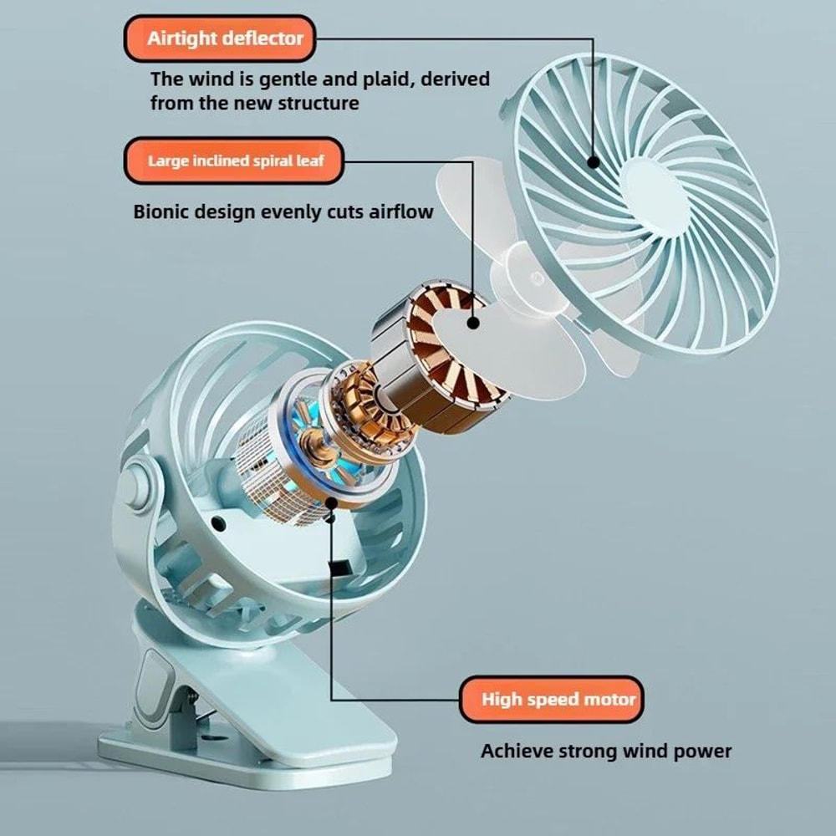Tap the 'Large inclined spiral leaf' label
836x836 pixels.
tap(234, 161)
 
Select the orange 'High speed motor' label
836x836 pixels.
tap(552, 699)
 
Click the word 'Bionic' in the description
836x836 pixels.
tap(161, 211)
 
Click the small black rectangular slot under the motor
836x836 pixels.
tap(340, 568)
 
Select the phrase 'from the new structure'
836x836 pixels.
tap(254, 103)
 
